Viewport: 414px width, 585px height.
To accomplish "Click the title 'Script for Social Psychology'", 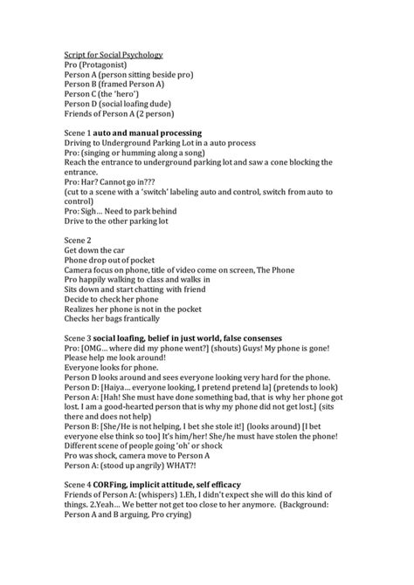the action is [114, 54].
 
